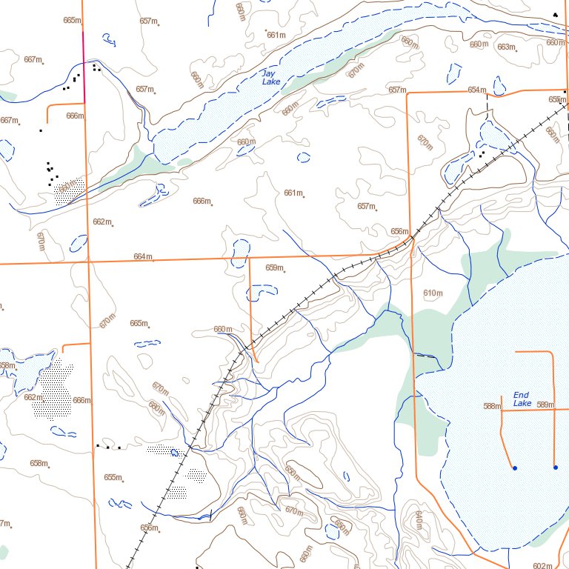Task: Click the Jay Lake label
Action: [269, 78]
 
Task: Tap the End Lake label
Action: [522, 399]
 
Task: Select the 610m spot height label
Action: [433, 294]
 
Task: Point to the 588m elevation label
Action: [492, 406]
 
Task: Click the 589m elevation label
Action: [545, 405]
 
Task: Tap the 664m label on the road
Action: [143, 257]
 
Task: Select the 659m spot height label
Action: [274, 267]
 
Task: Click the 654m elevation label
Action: [477, 90]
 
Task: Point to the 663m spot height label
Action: [505, 47]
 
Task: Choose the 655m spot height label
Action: [113, 477]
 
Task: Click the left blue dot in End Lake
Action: [514, 467]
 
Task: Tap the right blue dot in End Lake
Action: [555, 467]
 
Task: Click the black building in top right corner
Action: [555, 14]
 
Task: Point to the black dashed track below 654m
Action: [487, 104]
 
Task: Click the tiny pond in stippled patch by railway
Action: [176, 451]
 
